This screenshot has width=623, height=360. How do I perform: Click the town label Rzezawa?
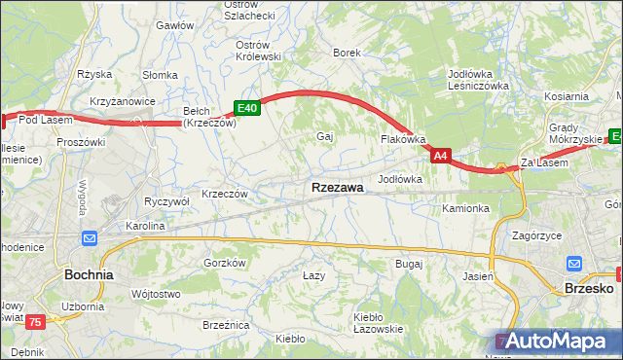click(x=338, y=187)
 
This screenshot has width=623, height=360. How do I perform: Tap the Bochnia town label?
click(x=89, y=274)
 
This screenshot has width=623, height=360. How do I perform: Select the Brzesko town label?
click(x=588, y=288)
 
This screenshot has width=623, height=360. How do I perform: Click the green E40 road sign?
click(x=247, y=108)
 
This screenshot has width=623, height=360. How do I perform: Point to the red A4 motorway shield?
click(x=441, y=156)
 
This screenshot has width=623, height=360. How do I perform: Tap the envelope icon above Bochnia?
click(x=90, y=238)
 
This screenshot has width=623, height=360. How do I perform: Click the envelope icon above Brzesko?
click(x=575, y=263)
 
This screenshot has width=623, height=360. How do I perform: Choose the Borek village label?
click(x=348, y=53)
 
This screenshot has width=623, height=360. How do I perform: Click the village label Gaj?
click(x=325, y=136)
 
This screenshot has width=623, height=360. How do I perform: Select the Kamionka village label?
click(x=464, y=208)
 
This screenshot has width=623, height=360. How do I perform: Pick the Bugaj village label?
click(x=409, y=264)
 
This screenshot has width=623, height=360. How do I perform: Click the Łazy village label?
click(x=313, y=276)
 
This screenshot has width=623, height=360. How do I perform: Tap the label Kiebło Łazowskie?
click(x=379, y=323)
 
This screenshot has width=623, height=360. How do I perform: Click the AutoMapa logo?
click(x=559, y=341)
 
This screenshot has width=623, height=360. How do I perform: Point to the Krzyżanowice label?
click(x=125, y=102)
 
